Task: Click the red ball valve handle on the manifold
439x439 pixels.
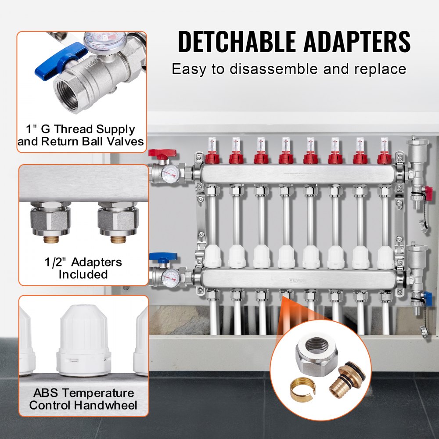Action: pos(162,154)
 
